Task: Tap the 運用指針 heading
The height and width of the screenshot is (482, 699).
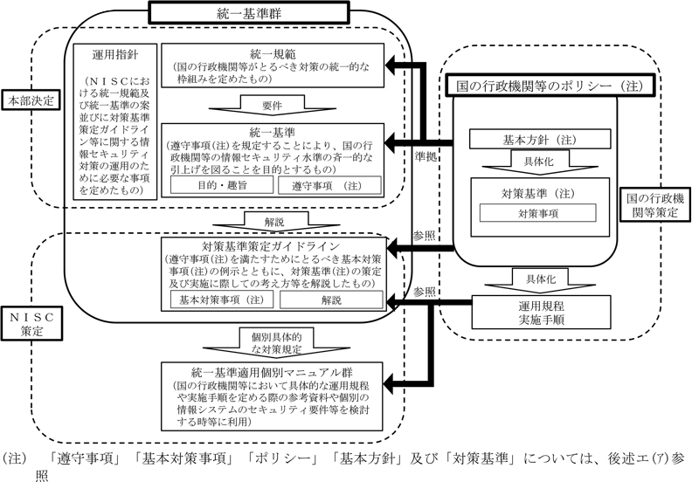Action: click(115, 53)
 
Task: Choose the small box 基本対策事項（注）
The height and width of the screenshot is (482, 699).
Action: click(224, 300)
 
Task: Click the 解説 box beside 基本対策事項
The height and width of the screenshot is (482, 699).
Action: click(332, 300)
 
